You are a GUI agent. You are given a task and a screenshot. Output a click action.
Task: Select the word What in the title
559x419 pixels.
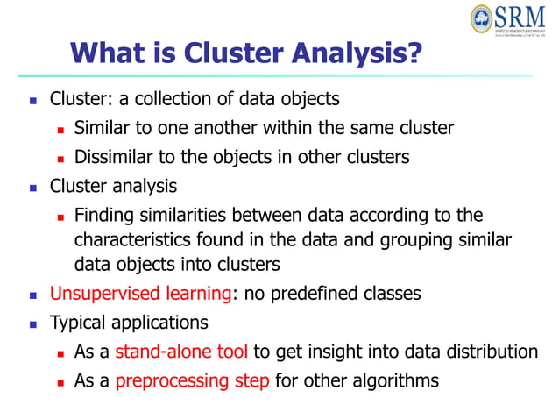coord(103,53)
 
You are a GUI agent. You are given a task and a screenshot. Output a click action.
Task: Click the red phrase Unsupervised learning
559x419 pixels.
coord(141,294)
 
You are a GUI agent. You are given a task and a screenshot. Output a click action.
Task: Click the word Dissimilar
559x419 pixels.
coord(113,158)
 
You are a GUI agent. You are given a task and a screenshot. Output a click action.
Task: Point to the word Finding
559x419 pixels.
coord(104,216)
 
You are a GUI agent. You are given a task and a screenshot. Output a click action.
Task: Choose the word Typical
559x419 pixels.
coord(77,322)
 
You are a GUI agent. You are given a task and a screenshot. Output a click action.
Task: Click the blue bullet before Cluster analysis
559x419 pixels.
coord(33,188)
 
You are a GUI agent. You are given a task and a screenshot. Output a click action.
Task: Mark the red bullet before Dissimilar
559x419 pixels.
coord(60,159)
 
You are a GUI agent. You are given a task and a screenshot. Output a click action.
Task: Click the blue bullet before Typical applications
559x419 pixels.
coord(33,323)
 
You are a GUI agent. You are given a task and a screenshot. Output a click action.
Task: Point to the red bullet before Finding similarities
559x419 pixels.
coord(60,217)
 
